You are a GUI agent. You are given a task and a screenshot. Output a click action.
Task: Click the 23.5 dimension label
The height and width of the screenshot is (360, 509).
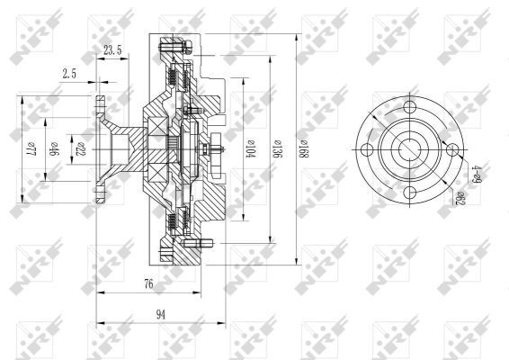112,50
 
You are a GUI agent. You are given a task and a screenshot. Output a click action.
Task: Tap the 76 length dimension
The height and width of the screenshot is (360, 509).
147,284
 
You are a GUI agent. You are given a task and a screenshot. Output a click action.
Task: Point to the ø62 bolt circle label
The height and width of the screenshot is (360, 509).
459,195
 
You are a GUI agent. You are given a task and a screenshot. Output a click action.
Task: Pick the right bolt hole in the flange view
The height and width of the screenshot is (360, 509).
451,149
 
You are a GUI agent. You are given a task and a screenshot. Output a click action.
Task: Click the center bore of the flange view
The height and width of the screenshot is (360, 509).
411,149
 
